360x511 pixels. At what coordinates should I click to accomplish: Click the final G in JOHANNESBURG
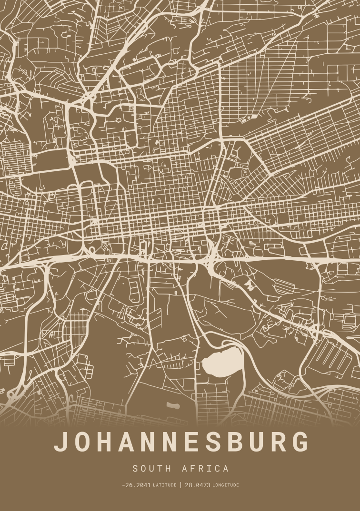[300, 442]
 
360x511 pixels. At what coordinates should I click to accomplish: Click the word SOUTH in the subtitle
[152, 469]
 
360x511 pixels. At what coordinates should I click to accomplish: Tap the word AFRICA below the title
[205, 469]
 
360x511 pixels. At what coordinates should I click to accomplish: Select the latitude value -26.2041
[136, 485]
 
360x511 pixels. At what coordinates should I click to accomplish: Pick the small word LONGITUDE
[226, 485]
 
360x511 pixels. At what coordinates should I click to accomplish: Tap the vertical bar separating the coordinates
[180, 485]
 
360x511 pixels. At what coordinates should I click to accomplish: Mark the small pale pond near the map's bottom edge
[172, 406]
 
